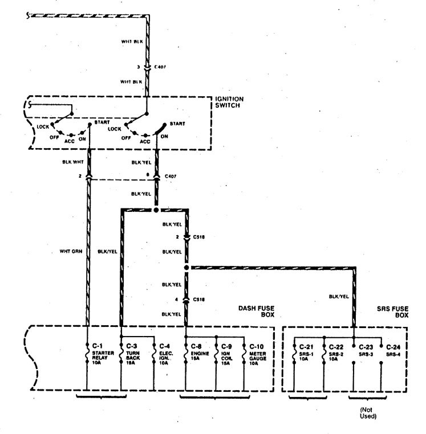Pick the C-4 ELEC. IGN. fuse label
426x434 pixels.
(x=165, y=354)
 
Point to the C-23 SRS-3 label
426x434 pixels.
(x=366, y=349)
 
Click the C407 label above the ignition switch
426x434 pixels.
(x=161, y=67)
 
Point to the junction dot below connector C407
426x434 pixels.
(x=156, y=210)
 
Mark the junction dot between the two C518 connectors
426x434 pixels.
(x=186, y=267)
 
